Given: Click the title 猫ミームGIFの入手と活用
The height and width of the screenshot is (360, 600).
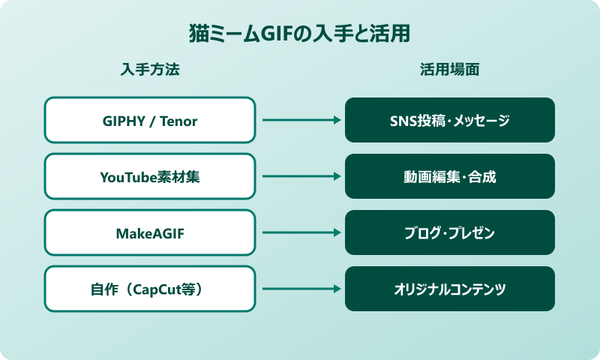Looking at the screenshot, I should coord(300,34).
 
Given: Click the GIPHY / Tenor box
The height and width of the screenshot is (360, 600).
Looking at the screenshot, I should coord(150,120).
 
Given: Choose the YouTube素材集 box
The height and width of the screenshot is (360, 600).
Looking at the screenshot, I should coord(150,176).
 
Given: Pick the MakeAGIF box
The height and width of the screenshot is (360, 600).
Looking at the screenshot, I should coord(150,232).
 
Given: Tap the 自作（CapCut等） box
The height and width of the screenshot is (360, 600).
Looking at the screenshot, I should coord(150,289).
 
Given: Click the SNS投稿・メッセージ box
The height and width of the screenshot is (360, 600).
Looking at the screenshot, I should coord(450,120).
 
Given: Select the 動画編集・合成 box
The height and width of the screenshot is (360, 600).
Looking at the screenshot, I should coord(450,176).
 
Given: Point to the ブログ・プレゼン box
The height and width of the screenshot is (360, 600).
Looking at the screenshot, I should coord(450,232).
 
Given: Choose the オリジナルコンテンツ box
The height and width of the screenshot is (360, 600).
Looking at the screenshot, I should coord(450,289).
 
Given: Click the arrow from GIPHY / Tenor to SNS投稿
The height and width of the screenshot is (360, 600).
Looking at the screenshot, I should coord(300,120).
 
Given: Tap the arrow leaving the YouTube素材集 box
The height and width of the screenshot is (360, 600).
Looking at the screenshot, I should coord(300,176).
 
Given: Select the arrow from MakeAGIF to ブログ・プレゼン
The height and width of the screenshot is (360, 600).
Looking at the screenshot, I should coord(300,232).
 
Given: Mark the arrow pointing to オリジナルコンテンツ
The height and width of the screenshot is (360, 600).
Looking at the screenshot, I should coord(300,289).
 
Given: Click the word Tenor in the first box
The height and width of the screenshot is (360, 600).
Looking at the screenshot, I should coord(179,121).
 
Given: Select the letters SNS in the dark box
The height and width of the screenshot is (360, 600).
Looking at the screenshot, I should coord(403,121).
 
